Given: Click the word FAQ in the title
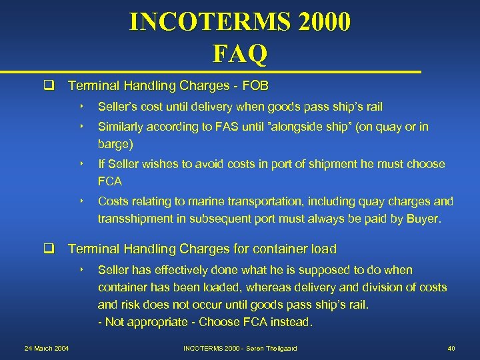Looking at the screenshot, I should pos(240,53).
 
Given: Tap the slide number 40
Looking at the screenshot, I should pos(451,349).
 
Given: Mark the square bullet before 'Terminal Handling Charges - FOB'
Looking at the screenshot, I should pos(49,86).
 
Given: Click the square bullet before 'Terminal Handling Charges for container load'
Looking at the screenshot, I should pos(49,249).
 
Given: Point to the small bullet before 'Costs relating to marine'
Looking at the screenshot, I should pos(80,201).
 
